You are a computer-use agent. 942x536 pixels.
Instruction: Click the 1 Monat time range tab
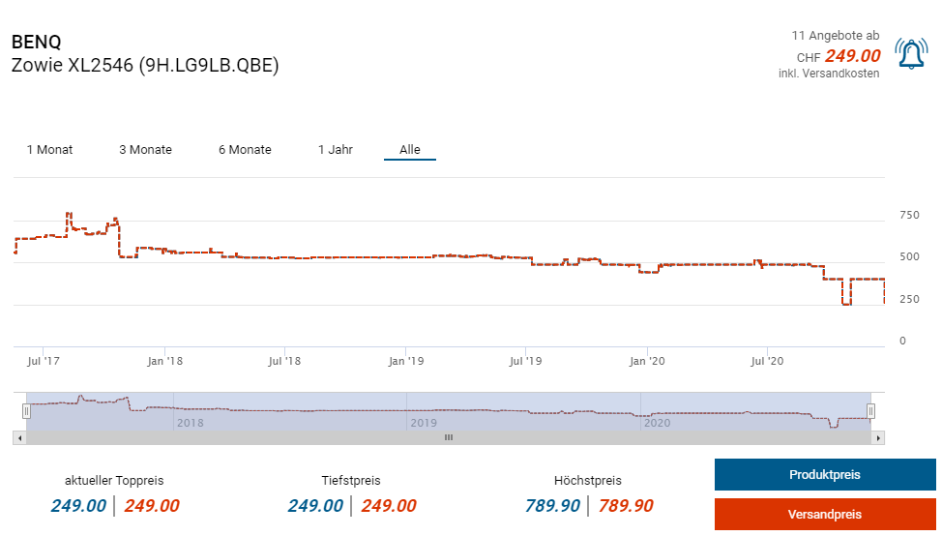(49, 150)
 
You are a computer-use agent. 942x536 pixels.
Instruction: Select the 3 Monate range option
(145, 150)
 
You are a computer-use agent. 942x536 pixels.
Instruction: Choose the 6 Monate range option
(245, 150)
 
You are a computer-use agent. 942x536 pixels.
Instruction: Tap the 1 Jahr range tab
(336, 150)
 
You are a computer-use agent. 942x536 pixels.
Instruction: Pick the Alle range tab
(410, 150)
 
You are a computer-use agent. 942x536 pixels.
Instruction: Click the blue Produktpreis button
(825, 475)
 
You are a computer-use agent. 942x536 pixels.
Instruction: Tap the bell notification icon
(911, 55)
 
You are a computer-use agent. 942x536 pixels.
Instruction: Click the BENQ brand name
(36, 43)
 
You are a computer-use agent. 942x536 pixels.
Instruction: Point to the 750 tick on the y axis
(909, 215)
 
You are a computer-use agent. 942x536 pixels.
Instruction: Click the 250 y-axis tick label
(909, 299)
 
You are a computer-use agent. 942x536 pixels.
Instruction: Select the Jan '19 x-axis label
(406, 362)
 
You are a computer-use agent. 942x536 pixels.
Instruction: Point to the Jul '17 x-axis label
(44, 362)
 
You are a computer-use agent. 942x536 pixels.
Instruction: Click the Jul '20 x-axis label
(767, 362)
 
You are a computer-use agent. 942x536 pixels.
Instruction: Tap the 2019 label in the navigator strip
(424, 423)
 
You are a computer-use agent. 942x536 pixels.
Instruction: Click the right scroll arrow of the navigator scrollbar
(878, 438)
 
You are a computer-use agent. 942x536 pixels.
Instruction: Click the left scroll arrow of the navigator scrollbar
(19, 438)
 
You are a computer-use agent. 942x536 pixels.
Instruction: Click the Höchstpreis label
(588, 481)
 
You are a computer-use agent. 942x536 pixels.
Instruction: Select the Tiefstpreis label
(351, 481)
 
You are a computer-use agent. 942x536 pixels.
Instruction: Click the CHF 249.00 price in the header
(839, 56)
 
